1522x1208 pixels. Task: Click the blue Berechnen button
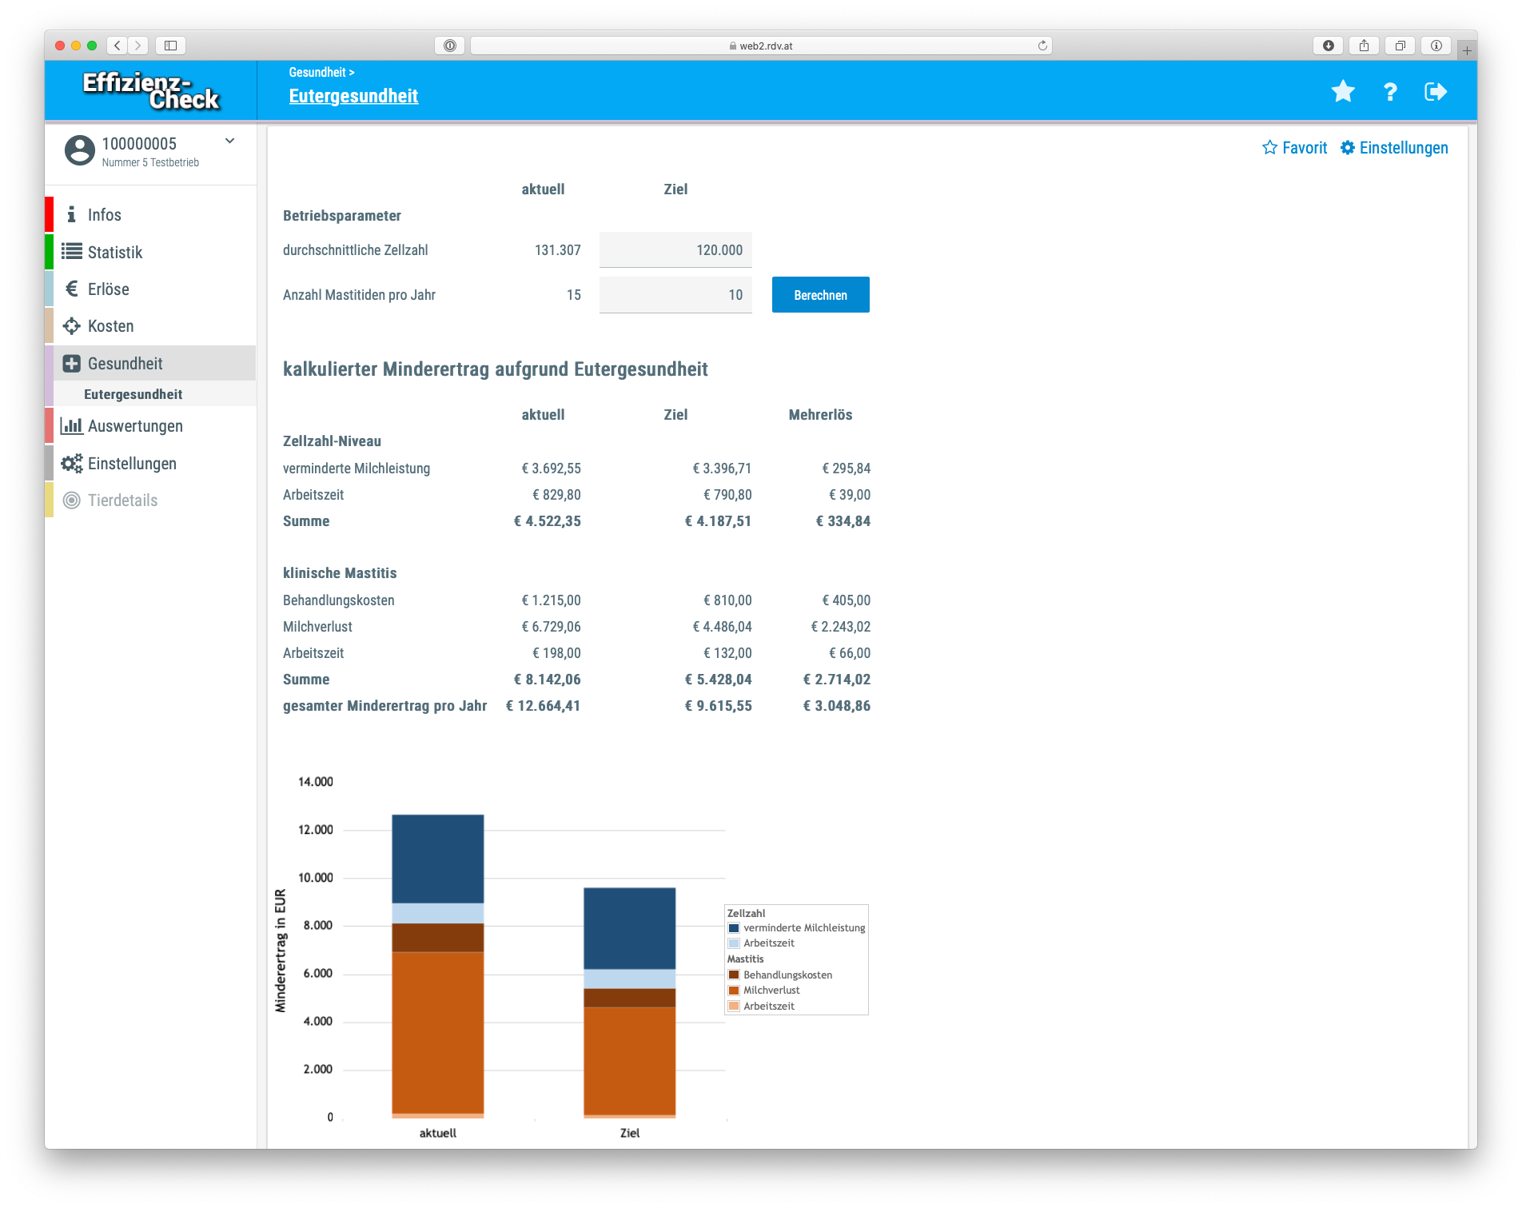(820, 295)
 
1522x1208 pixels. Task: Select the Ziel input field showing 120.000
(675, 250)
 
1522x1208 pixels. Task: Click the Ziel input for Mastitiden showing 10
(675, 295)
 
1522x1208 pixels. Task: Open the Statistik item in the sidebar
(114, 253)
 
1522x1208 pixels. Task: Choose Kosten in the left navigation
(110, 326)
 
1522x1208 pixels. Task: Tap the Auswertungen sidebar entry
(134, 426)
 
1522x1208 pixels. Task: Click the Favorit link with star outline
(1294, 148)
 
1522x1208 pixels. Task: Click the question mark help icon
(1390, 92)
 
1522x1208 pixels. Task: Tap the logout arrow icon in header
(1436, 92)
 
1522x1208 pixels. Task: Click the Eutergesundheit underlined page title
(353, 96)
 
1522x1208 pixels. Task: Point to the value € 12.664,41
(543, 706)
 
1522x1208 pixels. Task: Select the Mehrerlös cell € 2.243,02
(840, 627)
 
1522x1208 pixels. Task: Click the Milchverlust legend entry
(771, 991)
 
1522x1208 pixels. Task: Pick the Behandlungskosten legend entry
(787, 975)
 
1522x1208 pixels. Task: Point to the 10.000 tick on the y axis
(315, 878)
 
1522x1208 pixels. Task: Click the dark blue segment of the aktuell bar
(437, 859)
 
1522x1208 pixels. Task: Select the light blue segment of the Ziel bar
(629, 979)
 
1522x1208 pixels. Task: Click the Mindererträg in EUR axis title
(281, 951)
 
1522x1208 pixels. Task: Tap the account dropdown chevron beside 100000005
(229, 142)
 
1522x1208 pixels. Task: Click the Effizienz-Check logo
(150, 91)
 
